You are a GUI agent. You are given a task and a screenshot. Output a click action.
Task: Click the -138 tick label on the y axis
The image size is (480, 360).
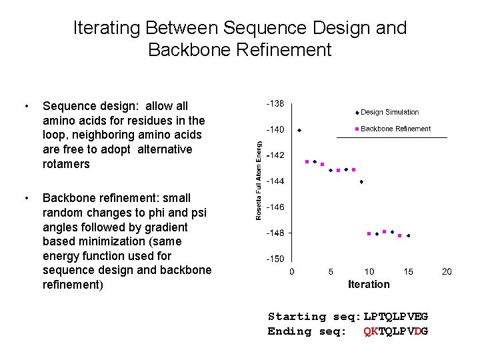point(275,103)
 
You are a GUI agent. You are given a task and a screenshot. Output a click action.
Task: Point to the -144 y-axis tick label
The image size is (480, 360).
point(275,181)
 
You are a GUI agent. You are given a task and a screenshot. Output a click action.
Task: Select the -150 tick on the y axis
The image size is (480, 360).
point(275,259)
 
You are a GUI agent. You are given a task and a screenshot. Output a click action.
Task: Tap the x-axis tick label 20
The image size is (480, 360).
point(447,271)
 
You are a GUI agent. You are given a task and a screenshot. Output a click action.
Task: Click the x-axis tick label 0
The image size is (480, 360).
point(291,271)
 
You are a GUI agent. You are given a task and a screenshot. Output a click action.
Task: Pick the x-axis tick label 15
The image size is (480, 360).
point(408,271)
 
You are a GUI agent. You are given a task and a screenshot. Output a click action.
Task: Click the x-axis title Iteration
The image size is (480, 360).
point(369,284)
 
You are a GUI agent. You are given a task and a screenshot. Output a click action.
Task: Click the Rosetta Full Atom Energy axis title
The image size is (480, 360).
point(259,179)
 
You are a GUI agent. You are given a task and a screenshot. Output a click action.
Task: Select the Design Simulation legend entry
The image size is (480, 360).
point(389,112)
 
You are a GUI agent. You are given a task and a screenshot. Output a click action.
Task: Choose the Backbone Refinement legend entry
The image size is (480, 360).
point(395,129)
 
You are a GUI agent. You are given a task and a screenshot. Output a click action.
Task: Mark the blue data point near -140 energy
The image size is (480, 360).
point(299,130)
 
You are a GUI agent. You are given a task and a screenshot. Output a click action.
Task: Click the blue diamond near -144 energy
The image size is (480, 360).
point(361,181)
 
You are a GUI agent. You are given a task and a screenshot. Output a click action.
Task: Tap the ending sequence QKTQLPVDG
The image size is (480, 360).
point(395,331)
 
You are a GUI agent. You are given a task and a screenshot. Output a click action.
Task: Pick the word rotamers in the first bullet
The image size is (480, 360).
point(65,164)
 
